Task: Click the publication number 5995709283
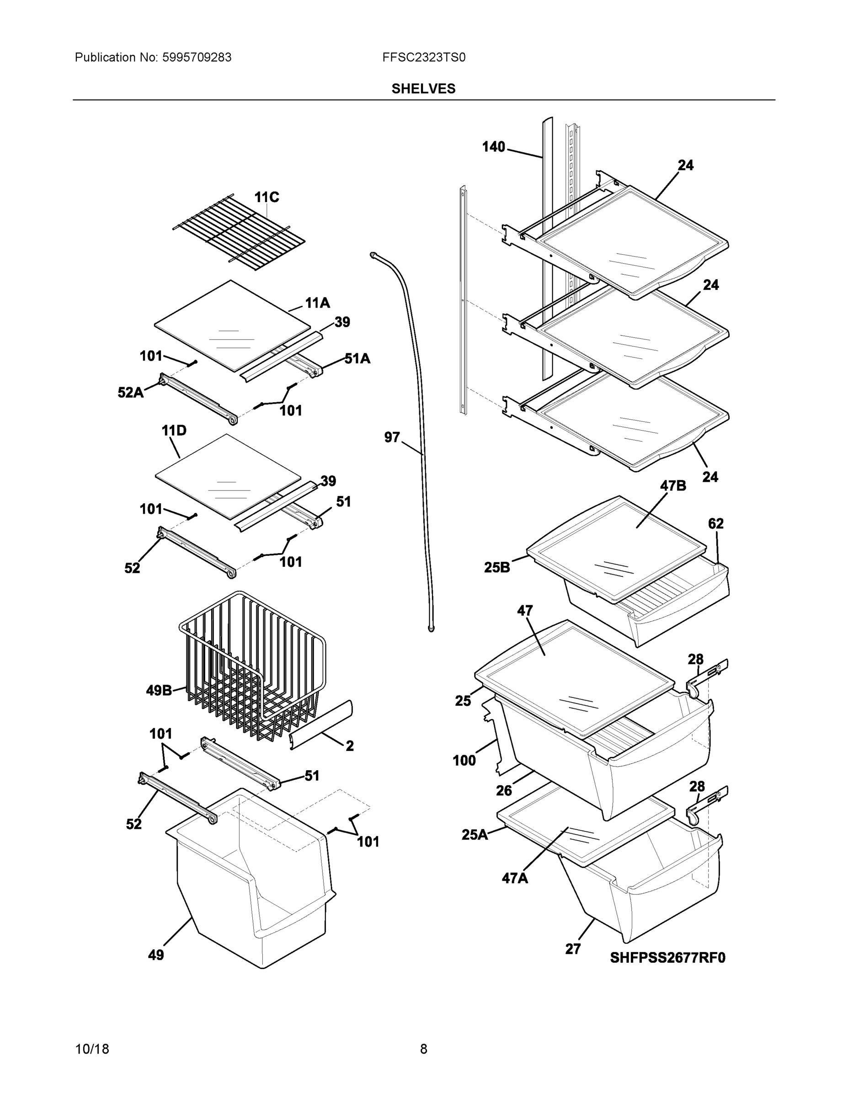click(197, 58)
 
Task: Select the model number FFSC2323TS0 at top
click(423, 58)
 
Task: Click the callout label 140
click(493, 147)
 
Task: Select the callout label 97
click(392, 437)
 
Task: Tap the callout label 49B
click(159, 691)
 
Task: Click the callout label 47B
click(672, 486)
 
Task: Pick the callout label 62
click(715, 523)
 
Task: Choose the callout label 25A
click(475, 835)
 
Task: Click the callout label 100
click(464, 761)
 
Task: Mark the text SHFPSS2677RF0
click(667, 958)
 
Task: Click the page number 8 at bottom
click(423, 1049)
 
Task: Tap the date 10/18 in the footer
click(92, 1049)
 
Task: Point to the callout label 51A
click(357, 359)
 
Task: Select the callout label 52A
click(130, 393)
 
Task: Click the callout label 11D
click(174, 431)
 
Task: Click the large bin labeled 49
click(251, 904)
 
